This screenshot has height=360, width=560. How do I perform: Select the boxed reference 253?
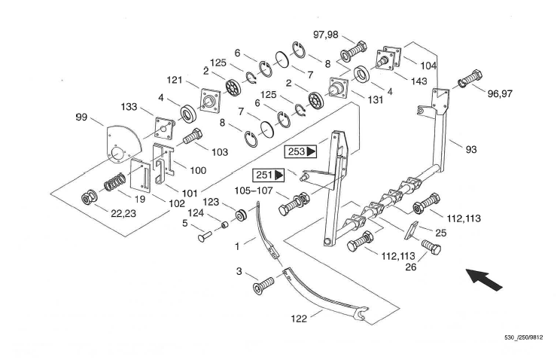pos(300,151)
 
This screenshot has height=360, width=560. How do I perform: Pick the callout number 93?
pos(471,149)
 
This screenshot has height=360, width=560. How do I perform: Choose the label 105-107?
pos(256,191)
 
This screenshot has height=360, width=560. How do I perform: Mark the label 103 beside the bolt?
pos(219,151)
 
